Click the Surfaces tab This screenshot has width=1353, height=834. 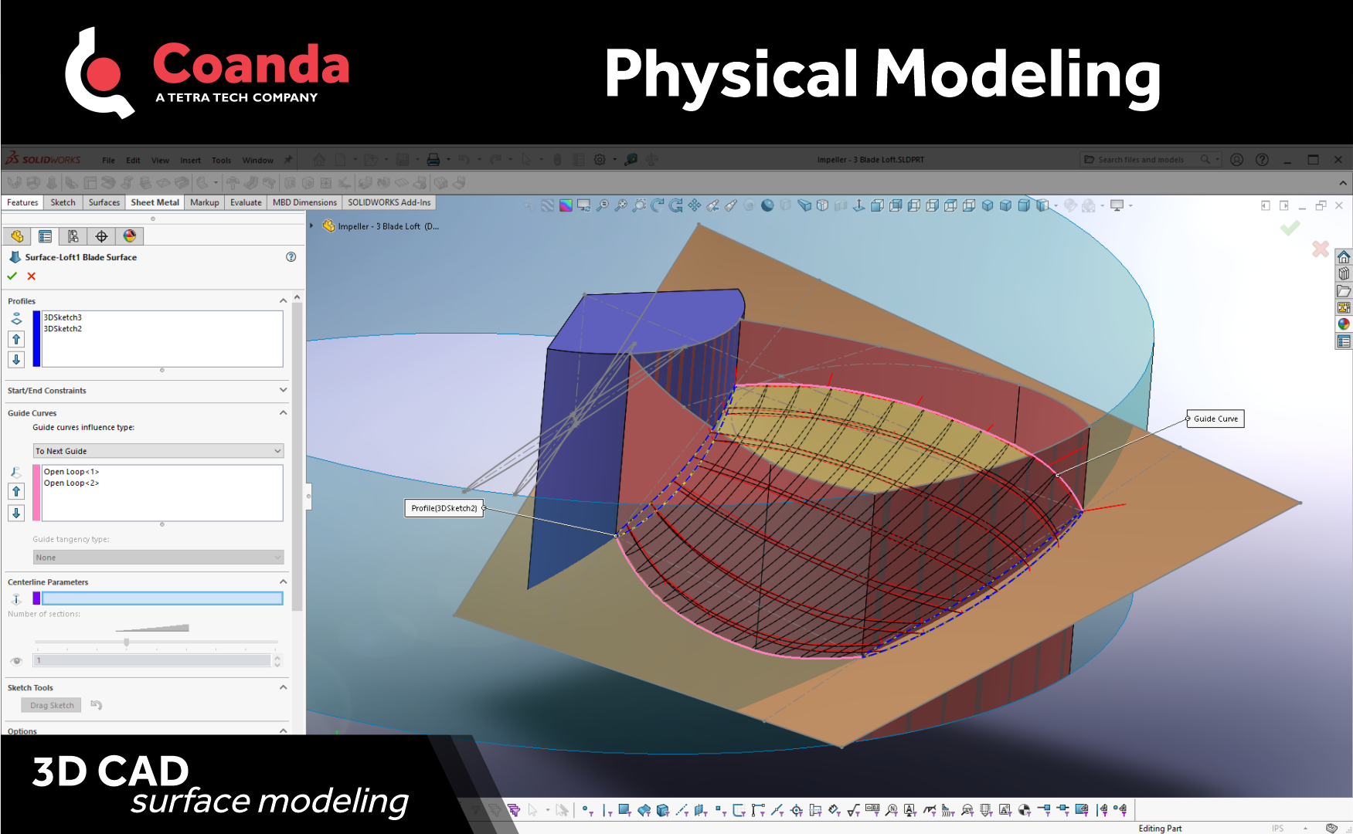[x=104, y=202]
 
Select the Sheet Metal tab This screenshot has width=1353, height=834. [x=155, y=202]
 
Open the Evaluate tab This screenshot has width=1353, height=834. [x=246, y=202]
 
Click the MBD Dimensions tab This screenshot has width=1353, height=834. [x=304, y=202]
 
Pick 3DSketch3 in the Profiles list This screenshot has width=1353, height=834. [x=63, y=317]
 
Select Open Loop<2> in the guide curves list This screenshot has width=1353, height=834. [x=71, y=483]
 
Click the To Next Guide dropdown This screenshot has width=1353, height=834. [x=158, y=451]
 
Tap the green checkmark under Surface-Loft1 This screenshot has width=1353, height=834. [x=12, y=276]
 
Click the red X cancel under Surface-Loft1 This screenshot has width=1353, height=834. [x=32, y=276]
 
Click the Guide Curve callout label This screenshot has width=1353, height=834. [x=1215, y=419]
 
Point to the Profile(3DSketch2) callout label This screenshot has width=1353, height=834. [x=444, y=508]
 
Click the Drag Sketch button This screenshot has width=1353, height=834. [x=52, y=705]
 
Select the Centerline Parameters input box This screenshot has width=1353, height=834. [x=162, y=598]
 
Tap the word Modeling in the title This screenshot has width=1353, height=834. [x=1018, y=75]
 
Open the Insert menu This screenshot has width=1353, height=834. [x=190, y=161]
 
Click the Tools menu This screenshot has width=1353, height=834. [x=221, y=161]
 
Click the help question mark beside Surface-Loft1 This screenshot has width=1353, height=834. [x=291, y=257]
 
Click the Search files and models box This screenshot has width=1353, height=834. [x=1141, y=160]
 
